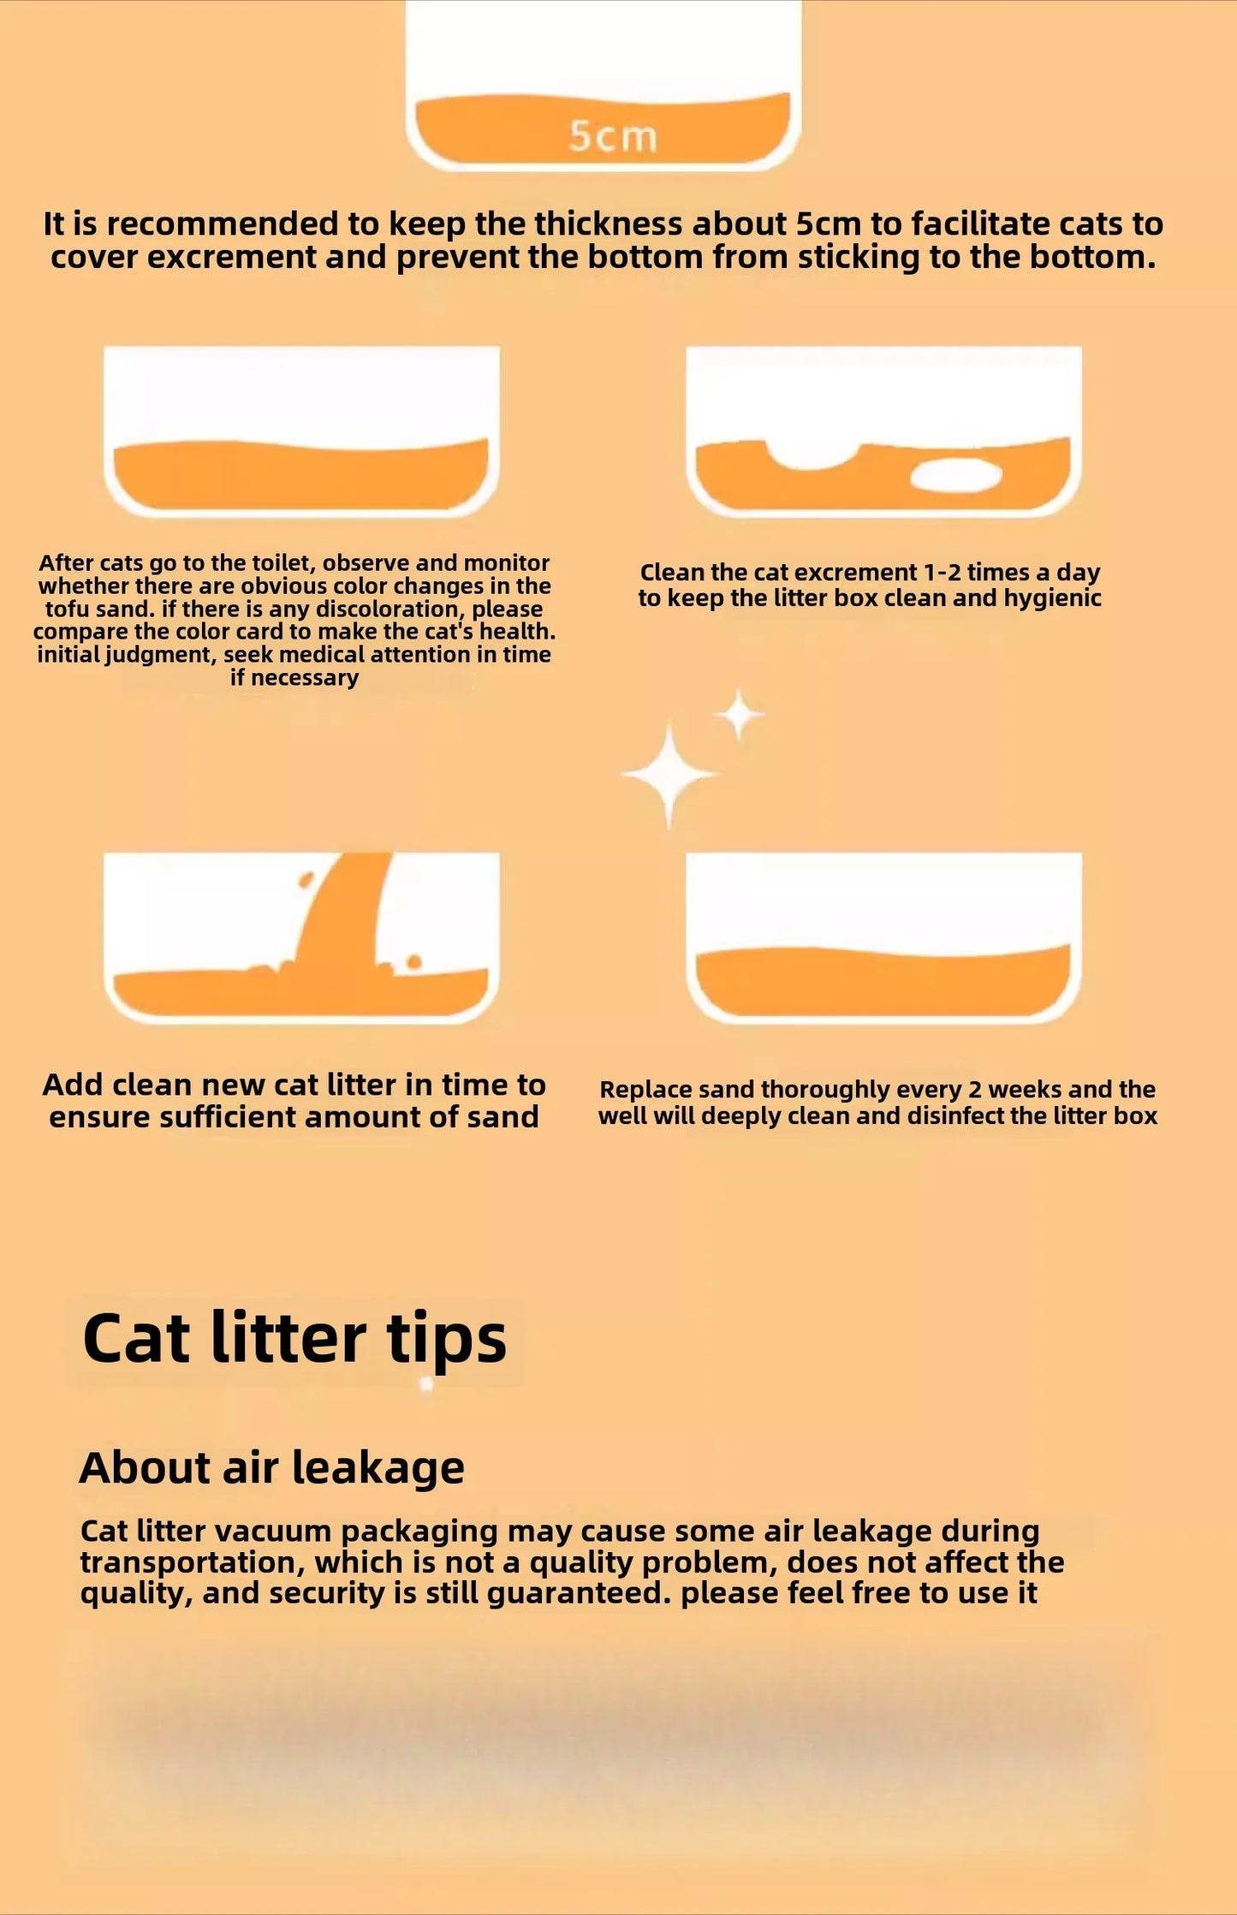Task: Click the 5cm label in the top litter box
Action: coord(613,136)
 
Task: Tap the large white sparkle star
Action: coord(669,774)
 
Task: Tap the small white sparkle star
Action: coord(739,714)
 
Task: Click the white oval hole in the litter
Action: coord(955,476)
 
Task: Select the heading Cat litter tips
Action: coord(294,1339)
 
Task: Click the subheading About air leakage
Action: coord(271,1467)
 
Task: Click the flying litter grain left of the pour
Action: coord(305,879)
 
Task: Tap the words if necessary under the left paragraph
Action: coord(294,677)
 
